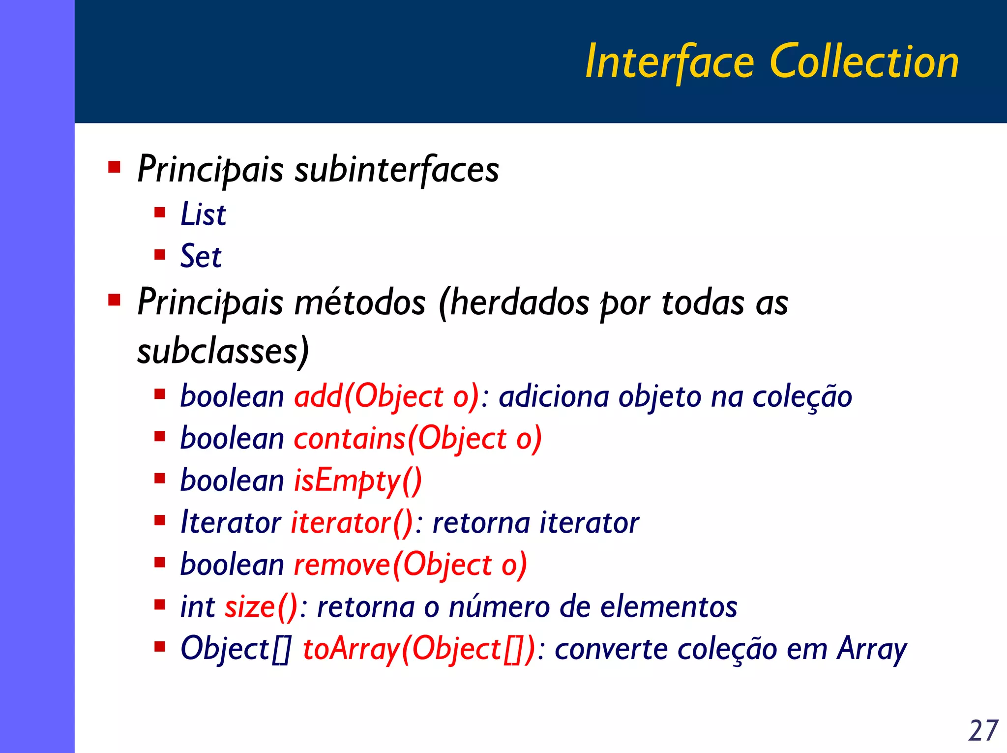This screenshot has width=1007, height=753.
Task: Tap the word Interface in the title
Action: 670,62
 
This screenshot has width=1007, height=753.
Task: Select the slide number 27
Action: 983,730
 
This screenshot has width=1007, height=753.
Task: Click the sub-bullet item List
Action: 203,214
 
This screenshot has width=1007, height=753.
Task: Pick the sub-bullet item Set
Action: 201,256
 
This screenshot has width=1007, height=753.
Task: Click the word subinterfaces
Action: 396,169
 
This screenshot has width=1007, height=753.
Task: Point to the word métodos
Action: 360,302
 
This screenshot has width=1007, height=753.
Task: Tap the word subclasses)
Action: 223,351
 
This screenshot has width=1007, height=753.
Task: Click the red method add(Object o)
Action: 386,397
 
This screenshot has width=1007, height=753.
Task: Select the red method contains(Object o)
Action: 418,439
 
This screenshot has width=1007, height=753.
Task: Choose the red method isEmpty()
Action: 357,481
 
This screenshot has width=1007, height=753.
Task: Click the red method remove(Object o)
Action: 410,565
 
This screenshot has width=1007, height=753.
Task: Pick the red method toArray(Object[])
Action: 418,649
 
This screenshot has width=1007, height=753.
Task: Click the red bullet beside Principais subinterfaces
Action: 115,167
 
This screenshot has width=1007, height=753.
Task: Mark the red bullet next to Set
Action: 159,255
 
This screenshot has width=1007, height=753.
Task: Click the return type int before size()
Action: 198,606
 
